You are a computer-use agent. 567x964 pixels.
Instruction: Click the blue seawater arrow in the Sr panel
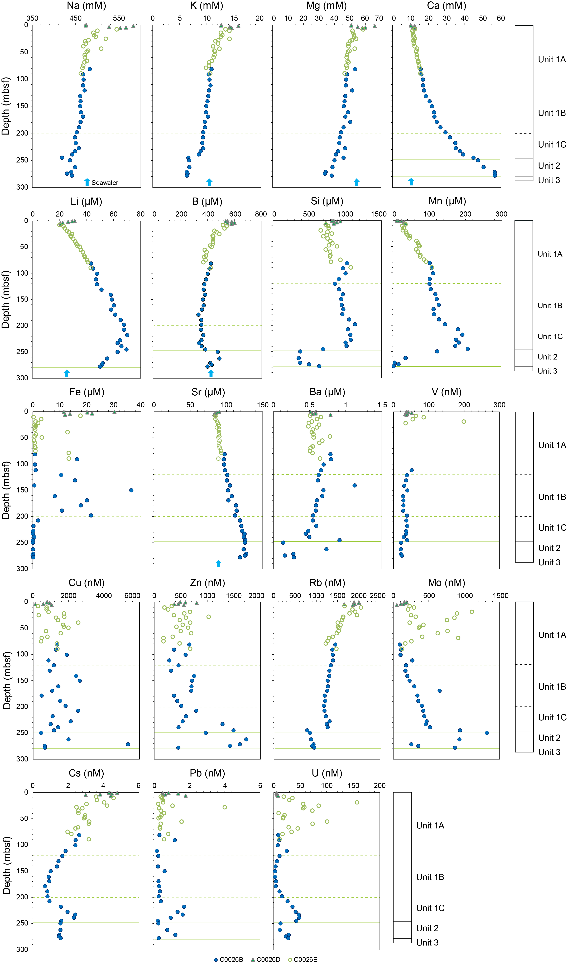(x=218, y=563)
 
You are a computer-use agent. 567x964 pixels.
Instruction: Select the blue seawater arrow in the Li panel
(x=67, y=373)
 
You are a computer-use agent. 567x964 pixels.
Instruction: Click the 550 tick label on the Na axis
(x=119, y=18)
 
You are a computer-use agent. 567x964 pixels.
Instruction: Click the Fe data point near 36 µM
(x=131, y=490)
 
